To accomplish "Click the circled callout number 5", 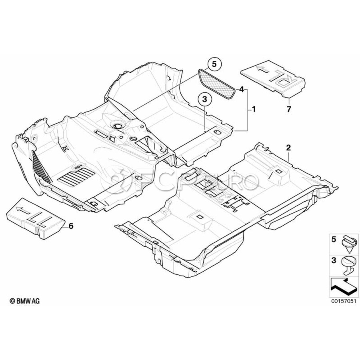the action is point(214,64).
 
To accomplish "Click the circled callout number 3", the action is point(204,99).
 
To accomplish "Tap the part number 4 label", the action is point(241,89).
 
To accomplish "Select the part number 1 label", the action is point(254,110).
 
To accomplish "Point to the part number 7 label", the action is point(288,109).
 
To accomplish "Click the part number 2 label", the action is point(288,148).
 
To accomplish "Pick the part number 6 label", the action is point(71,226).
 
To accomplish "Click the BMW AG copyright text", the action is point(24,301).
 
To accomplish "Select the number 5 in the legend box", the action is point(334,240).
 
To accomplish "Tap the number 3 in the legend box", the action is point(334,260).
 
